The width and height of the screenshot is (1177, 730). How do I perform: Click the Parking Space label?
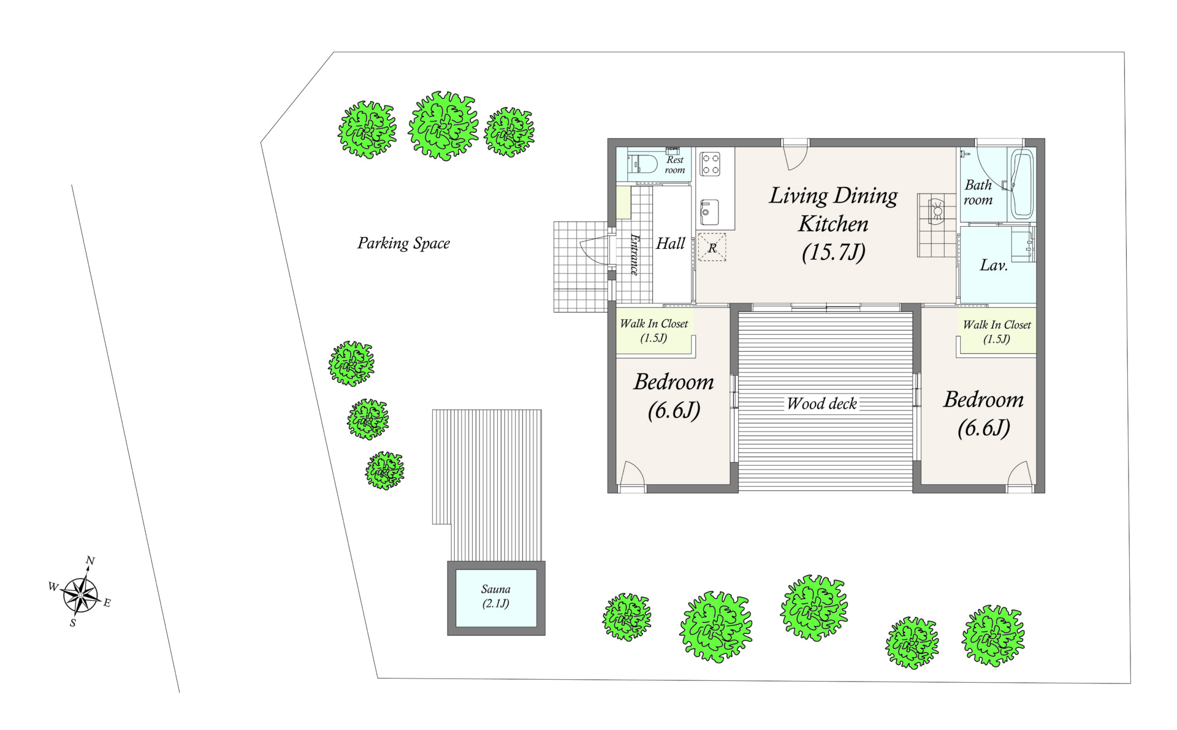coord(403,243)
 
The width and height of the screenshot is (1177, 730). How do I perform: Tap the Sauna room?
coord(496,598)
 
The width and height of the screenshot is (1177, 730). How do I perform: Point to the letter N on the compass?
coord(90,560)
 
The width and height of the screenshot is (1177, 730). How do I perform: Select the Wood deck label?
coord(822,403)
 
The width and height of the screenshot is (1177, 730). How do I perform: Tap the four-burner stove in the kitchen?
coord(710,164)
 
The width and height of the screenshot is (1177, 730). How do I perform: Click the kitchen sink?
coord(709,212)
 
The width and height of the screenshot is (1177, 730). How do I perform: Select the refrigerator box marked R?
coord(712,248)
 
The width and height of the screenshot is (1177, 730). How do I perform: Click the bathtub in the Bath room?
coord(1021,184)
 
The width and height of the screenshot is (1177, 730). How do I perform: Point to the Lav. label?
coord(994,265)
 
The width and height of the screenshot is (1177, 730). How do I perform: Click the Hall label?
coord(671,243)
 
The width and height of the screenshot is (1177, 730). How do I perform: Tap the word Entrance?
coord(635,254)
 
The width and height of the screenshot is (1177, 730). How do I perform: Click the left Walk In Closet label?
coord(654,330)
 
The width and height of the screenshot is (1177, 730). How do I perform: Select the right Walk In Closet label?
coord(997,332)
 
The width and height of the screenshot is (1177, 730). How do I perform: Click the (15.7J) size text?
coord(834,252)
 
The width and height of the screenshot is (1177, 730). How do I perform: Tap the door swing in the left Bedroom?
coord(632,473)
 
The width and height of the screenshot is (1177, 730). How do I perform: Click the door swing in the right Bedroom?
coord(1020,473)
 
